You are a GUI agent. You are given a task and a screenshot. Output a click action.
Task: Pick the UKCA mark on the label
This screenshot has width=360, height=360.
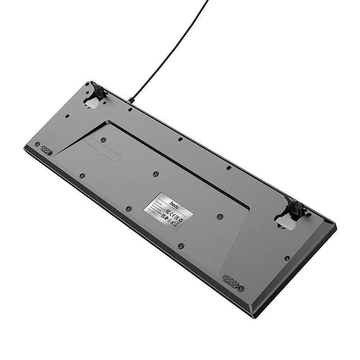point(163,216)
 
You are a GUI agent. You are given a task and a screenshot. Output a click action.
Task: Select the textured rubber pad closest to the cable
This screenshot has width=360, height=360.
point(46,150)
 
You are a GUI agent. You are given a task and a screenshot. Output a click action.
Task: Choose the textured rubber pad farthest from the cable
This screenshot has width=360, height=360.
point(230,281)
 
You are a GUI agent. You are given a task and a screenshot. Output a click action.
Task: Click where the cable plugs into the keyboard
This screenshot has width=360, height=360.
point(130,100)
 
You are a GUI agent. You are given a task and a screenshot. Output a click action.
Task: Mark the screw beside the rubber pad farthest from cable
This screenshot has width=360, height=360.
point(241,288)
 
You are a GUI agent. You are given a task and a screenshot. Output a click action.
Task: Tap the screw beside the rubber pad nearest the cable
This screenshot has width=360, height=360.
point(37,144)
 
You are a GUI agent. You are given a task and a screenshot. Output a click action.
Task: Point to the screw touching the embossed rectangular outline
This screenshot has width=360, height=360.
point(103,140)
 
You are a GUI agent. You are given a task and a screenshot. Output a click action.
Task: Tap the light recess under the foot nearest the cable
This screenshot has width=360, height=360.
point(92,103)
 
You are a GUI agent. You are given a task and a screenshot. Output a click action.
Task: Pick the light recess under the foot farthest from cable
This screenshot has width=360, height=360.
point(285,222)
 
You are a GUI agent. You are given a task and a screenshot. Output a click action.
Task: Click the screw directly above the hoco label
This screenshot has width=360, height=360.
point(155,173)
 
